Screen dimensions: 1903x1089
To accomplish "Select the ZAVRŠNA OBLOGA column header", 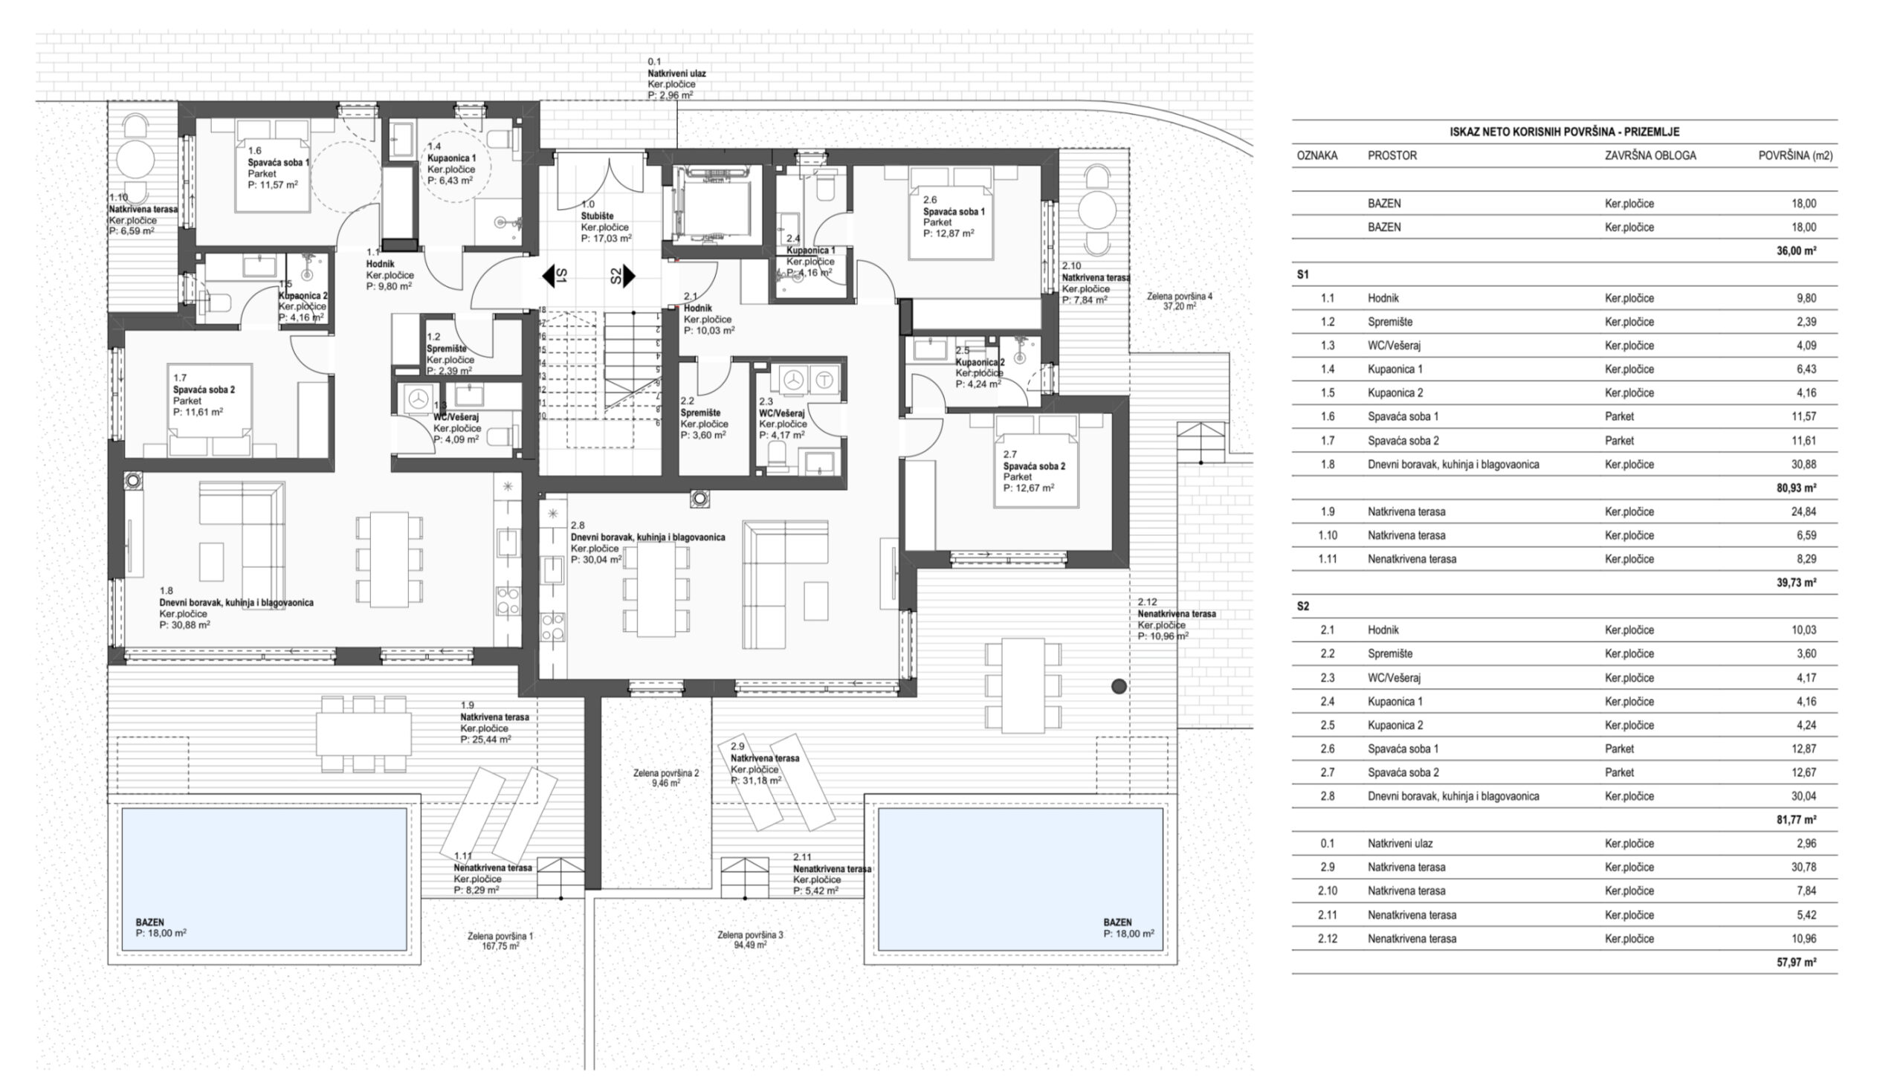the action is click(1650, 155).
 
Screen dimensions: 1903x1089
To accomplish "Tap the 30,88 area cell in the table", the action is click(1803, 465).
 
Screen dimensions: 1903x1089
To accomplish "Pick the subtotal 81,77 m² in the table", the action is click(1797, 820).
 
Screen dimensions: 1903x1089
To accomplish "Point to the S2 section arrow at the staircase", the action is click(623, 276).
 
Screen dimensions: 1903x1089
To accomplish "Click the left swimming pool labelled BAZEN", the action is click(264, 879).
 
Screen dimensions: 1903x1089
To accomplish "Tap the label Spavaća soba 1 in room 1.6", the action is click(278, 162).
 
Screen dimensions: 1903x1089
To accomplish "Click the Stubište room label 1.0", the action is click(598, 217).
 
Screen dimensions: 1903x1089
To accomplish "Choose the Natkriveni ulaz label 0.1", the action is click(676, 74).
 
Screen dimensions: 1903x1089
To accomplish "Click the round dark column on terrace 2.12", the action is click(1119, 686).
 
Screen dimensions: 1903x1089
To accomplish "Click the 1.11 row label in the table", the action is click(1327, 559).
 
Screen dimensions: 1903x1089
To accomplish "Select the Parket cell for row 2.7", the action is click(1620, 772).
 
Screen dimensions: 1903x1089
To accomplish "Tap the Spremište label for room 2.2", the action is click(701, 413).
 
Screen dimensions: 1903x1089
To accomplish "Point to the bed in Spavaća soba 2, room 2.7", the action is click(1036, 462).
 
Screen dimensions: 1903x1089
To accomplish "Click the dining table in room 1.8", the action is click(389, 559).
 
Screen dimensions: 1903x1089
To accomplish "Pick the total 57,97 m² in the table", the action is click(1797, 963).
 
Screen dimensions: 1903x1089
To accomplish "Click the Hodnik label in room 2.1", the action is click(699, 308).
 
